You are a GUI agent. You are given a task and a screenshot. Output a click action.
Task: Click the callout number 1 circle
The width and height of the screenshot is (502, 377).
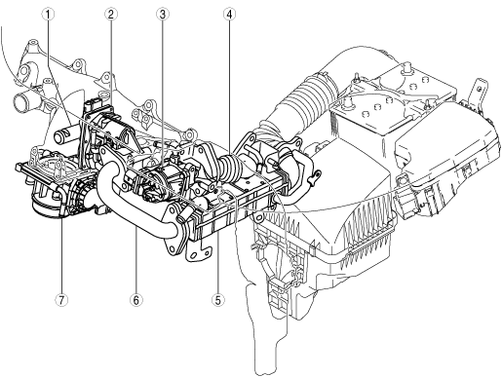point(48,14)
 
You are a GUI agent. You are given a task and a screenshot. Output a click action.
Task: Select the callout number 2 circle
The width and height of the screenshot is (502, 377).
point(110,14)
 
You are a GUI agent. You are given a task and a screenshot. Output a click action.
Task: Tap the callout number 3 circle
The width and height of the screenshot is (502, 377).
point(163,14)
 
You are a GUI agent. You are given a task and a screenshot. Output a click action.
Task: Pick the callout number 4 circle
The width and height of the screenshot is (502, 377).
point(230,14)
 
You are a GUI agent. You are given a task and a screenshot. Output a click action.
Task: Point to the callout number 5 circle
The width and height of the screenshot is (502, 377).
point(218,300)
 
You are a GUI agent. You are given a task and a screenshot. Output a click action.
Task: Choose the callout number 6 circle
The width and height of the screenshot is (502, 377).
point(136,300)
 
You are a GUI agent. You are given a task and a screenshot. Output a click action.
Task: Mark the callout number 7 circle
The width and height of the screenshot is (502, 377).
point(61,300)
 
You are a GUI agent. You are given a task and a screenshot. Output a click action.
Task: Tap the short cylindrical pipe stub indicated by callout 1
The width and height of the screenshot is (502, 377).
point(66,134)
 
